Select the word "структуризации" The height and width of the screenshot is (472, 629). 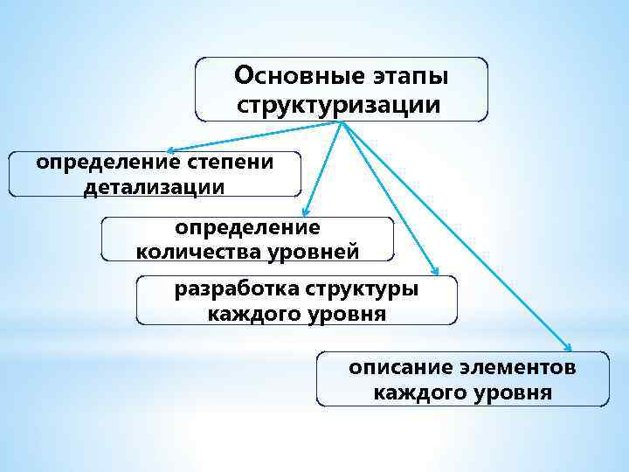[340, 106]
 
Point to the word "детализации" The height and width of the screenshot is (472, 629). [154, 187]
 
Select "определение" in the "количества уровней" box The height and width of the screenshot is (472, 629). [248, 227]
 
